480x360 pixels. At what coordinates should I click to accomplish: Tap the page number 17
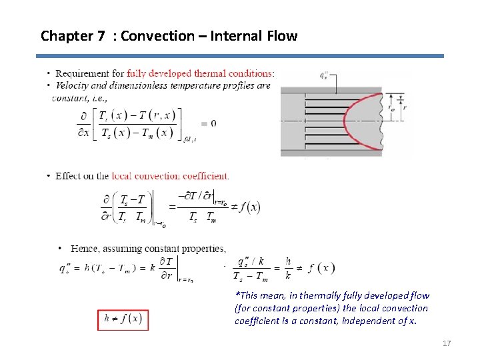coord(447,343)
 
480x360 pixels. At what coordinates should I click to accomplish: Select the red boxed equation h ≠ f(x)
coord(123,319)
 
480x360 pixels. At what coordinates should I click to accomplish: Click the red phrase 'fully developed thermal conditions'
coord(200,73)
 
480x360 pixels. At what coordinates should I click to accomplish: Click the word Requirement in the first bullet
coord(81,73)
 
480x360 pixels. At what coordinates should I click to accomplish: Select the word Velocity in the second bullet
coord(75,85)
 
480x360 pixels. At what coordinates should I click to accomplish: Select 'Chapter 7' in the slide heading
coord(72,36)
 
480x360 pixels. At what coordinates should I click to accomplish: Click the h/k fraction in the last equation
coord(288,268)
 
